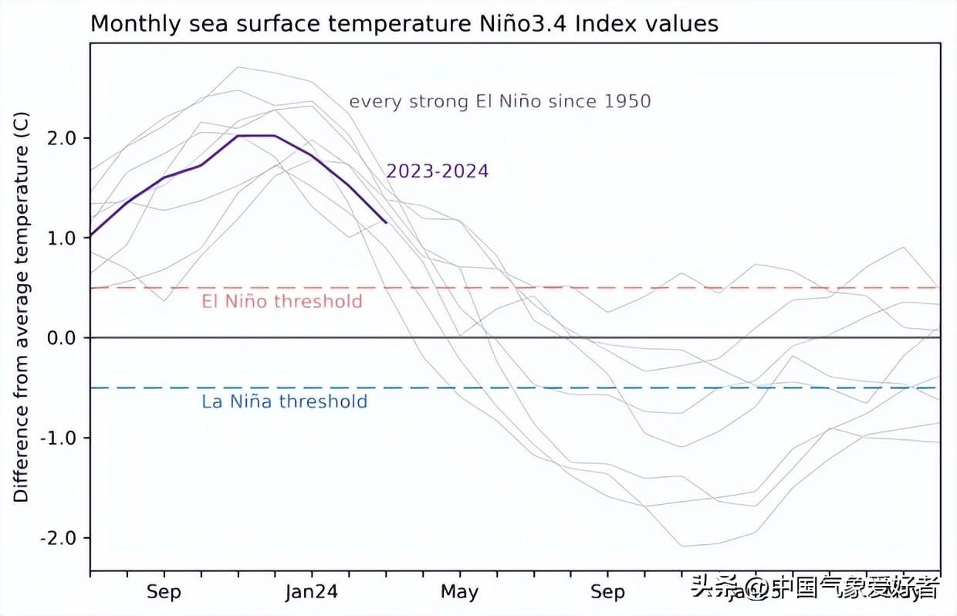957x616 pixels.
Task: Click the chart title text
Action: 404,24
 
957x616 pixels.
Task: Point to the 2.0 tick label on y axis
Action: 63,139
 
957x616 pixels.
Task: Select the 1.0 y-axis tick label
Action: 63,239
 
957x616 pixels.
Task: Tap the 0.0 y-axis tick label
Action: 63,338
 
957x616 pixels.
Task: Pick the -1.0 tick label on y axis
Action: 59,438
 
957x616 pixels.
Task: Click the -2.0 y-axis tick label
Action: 59,538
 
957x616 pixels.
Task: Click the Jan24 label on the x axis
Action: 312,593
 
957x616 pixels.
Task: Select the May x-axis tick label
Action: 460,593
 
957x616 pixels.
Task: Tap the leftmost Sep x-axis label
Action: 164,593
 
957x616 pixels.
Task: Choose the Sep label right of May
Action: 608,593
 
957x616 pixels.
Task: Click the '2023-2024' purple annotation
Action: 438,171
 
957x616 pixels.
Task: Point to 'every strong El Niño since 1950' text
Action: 500,101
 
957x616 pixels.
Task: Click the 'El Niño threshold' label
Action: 282,301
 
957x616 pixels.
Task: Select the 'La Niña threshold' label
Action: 284,401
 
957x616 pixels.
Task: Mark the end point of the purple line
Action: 386,222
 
